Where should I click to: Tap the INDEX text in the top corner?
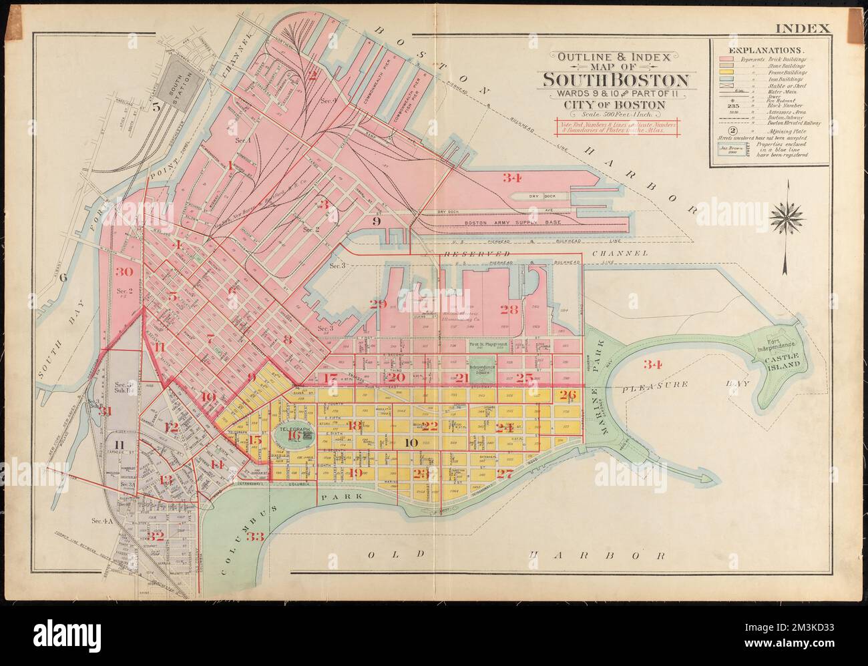pos(803,29)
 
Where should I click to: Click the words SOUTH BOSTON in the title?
pos(615,81)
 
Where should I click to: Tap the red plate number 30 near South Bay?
pos(124,272)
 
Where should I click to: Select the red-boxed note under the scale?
pos(616,127)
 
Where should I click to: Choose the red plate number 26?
pos(568,394)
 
